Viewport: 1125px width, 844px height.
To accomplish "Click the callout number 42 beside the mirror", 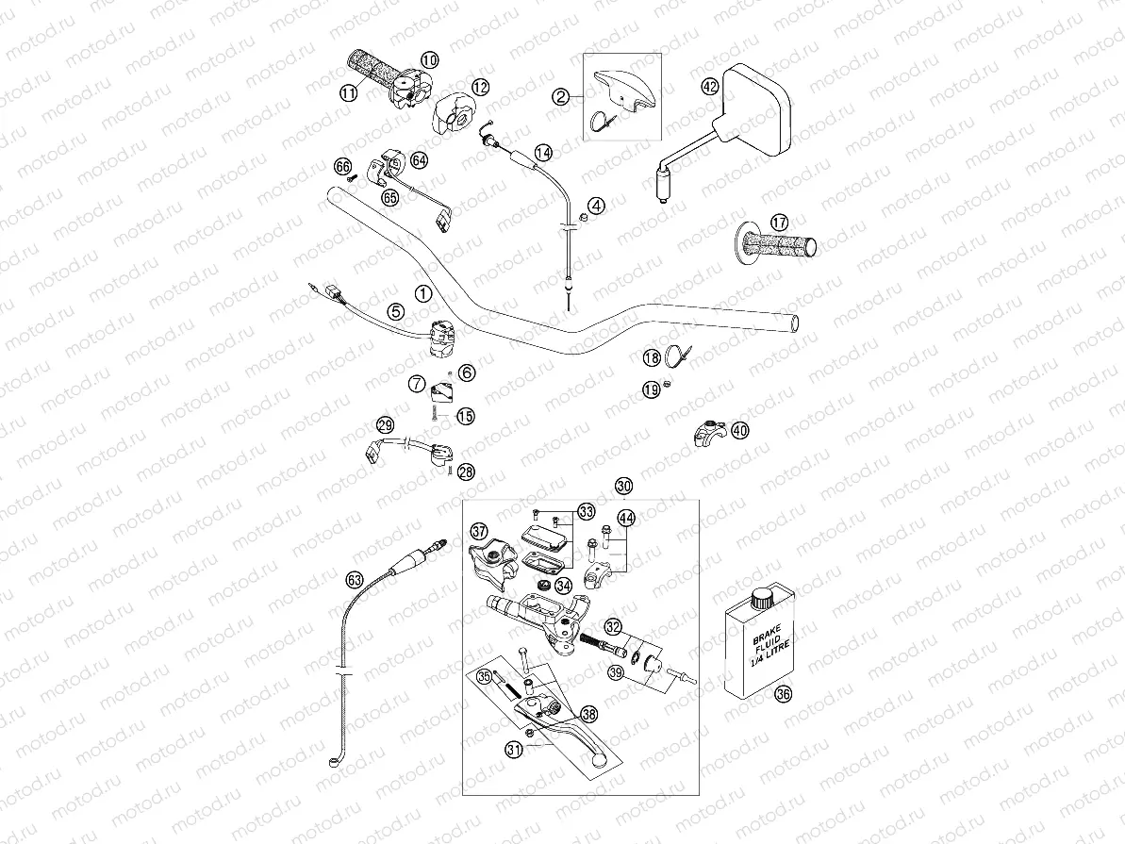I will (x=710, y=87).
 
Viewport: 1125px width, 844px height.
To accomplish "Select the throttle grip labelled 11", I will (x=372, y=78).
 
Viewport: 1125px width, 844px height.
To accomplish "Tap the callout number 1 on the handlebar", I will (x=423, y=293).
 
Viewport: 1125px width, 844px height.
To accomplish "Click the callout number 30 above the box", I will (x=623, y=486).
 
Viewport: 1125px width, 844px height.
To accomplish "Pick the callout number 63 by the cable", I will (x=354, y=579).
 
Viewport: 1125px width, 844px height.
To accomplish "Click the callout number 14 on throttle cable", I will (x=542, y=152).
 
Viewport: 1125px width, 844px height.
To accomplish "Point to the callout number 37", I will (x=479, y=532).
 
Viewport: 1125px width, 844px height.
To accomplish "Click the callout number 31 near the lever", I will (x=514, y=751).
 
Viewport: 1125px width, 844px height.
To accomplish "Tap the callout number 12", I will (x=480, y=87).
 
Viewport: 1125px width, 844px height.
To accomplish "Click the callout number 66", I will (x=343, y=166).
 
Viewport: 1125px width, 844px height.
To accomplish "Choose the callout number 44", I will (x=626, y=518).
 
